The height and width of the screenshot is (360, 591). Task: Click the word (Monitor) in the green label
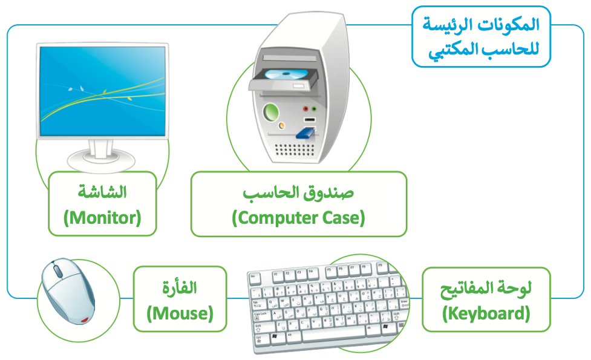(x=102, y=218)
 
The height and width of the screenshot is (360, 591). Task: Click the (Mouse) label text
(x=180, y=313)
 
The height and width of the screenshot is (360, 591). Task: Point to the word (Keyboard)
(x=486, y=313)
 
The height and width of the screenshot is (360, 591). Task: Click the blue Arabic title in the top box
(x=482, y=37)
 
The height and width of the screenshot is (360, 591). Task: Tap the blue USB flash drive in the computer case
(x=305, y=133)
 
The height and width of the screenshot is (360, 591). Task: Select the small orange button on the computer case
(x=281, y=125)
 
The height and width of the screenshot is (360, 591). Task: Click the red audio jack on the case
(x=305, y=109)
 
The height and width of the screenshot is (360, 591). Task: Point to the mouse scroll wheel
(x=57, y=270)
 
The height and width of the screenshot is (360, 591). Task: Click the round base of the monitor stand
(x=101, y=161)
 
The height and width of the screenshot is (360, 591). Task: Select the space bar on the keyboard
(x=333, y=333)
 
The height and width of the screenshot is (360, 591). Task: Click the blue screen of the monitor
(x=102, y=91)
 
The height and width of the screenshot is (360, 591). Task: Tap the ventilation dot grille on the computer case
(x=295, y=151)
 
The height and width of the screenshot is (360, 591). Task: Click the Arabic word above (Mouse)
(x=180, y=287)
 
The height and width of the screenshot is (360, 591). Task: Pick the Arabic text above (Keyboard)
(x=486, y=289)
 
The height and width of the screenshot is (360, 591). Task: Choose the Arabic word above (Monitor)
(x=102, y=192)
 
